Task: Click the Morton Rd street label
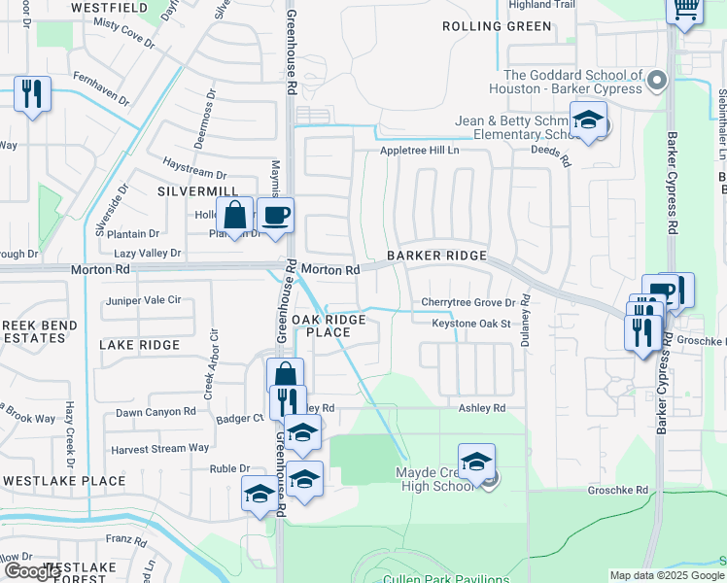point(330,269)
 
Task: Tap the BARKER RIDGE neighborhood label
point(435,256)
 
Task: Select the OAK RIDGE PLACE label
point(329,326)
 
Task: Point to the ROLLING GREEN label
point(497,26)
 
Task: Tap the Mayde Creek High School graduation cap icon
point(476,463)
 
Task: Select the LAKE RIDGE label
point(140,345)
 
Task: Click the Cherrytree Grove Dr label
point(467,303)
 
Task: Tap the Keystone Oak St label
point(471,323)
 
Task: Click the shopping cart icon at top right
point(685,10)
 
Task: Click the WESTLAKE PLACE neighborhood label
point(64,481)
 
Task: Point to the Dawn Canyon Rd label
point(156,412)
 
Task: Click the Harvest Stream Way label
point(159,448)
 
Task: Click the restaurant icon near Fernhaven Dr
point(32,94)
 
